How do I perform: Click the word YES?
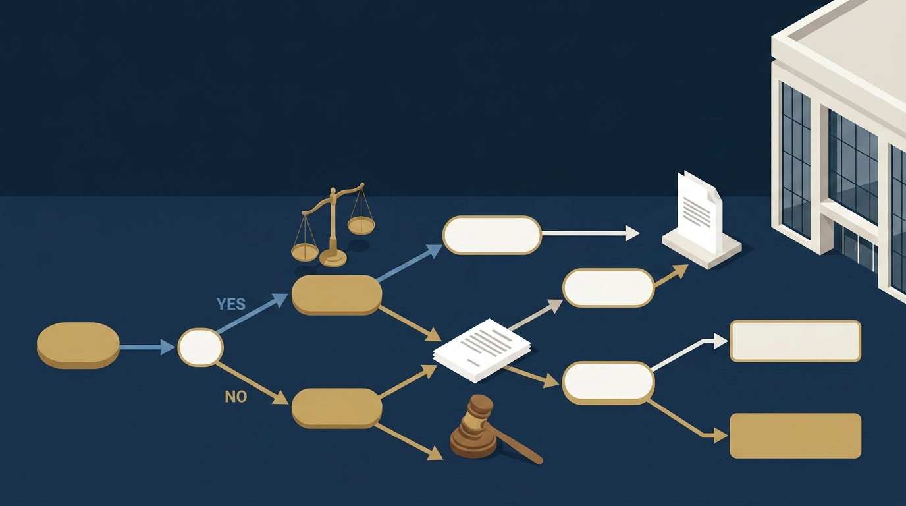pyautogui.click(x=231, y=304)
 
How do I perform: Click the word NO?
pyautogui.click(x=236, y=397)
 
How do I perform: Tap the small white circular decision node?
pyautogui.click(x=201, y=347)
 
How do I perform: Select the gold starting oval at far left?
pyautogui.click(x=78, y=345)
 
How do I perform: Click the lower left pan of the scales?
pyautogui.click(x=305, y=252)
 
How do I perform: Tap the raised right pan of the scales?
pyautogui.click(x=361, y=225)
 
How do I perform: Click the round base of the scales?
pyautogui.click(x=333, y=258)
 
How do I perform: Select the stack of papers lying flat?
pyautogui.click(x=482, y=351)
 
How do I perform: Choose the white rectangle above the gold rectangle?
pyautogui.click(x=795, y=341)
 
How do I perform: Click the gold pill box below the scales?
pyautogui.click(x=336, y=295)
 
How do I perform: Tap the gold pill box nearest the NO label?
pyautogui.click(x=336, y=408)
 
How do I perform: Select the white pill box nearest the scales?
pyautogui.click(x=492, y=235)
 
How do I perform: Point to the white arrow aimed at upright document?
pyautogui.click(x=591, y=233)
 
